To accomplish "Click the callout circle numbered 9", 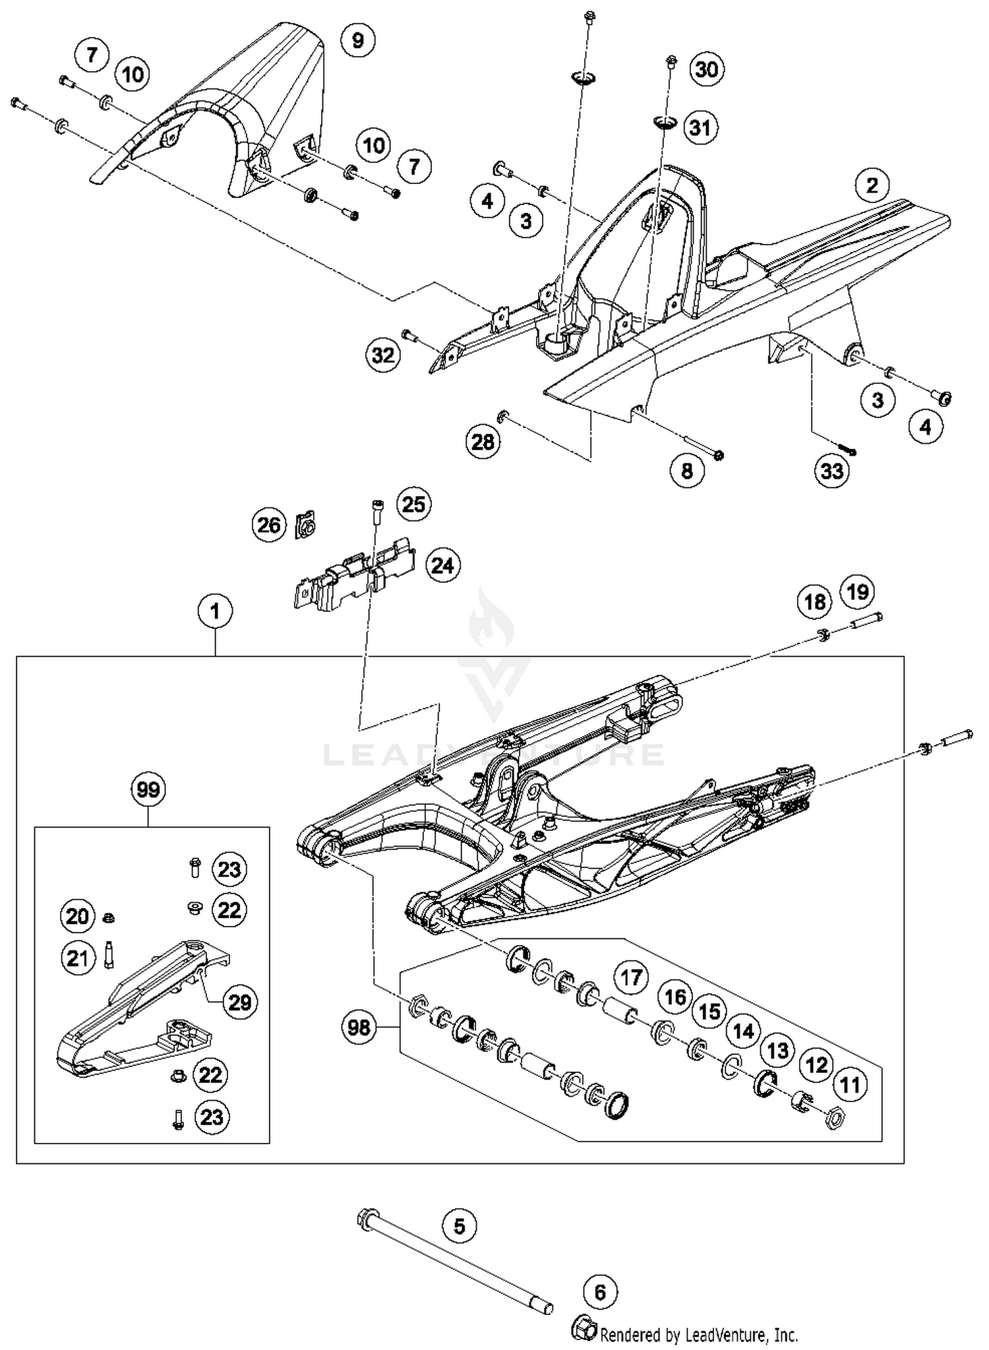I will tap(357, 41).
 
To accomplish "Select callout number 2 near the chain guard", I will tap(872, 185).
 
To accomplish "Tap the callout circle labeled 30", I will tap(706, 69).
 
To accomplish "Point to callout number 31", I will tap(700, 127).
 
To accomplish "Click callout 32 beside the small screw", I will tap(383, 356).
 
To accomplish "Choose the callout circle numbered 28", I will tap(483, 442).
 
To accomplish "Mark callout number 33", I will tap(831, 471).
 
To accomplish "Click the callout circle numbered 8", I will tap(687, 471).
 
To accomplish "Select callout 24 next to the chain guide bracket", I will tap(442, 566).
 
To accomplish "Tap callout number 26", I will tap(269, 526).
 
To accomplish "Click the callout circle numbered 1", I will tap(215, 612).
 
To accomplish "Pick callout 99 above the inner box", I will tap(148, 789).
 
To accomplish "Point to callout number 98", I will tap(359, 1028).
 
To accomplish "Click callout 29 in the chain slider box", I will tap(239, 1002).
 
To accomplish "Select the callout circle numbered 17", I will tap(631, 977).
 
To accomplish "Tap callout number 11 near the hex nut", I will tap(850, 1085).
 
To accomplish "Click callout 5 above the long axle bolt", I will tap(459, 1226).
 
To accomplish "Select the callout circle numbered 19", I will tap(857, 592).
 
